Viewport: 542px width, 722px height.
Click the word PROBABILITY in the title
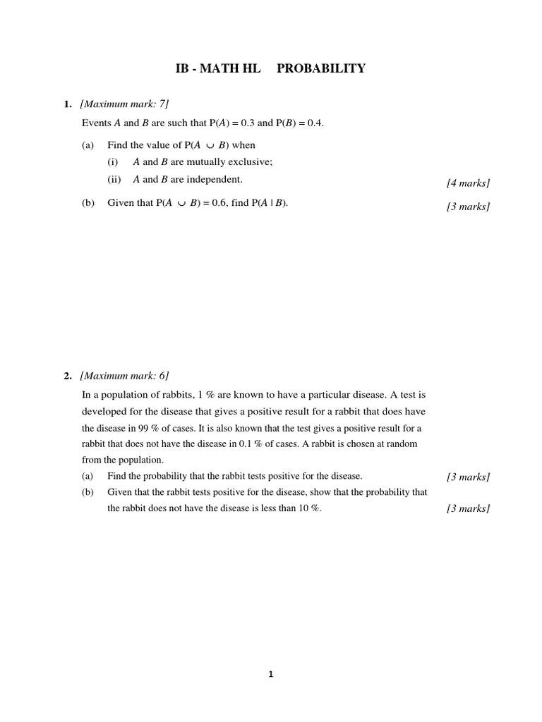[x=321, y=68]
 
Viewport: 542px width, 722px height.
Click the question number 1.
[x=67, y=104]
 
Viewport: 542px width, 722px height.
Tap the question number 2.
[x=67, y=376]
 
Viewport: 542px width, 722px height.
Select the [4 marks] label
[x=468, y=183]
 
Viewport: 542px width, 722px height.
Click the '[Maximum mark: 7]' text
[x=125, y=104]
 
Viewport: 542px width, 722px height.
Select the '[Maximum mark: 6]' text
[x=125, y=376]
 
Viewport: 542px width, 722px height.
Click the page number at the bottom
[x=270, y=674]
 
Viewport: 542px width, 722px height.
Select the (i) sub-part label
[x=113, y=161]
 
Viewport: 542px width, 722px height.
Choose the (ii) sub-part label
[x=114, y=179]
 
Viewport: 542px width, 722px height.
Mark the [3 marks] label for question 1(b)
[x=468, y=207]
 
